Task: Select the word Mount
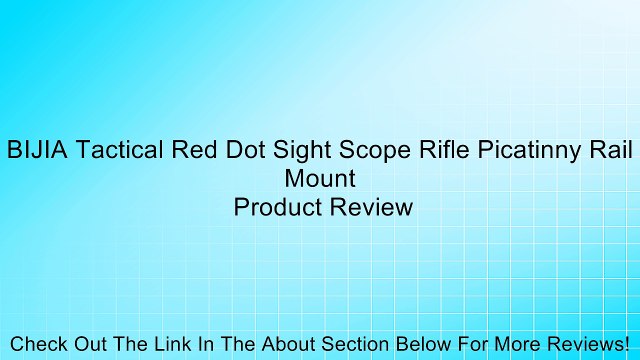(x=320, y=180)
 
